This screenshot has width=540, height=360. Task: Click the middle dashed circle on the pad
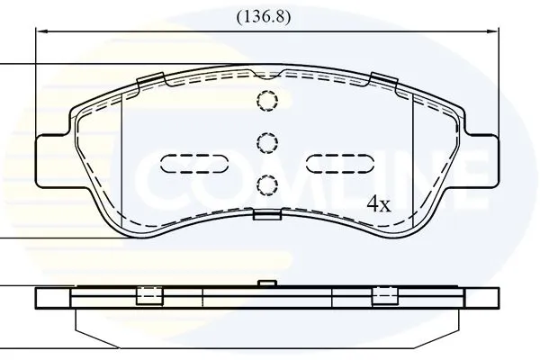(x=267, y=141)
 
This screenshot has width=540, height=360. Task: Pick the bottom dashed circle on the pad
(x=267, y=184)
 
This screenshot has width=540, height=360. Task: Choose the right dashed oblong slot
(x=339, y=163)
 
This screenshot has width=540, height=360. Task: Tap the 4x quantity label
(x=379, y=204)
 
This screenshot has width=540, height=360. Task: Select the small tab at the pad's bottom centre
(x=267, y=215)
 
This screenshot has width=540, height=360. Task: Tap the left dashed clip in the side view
(x=148, y=295)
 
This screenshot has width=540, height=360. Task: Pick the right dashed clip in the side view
(x=387, y=295)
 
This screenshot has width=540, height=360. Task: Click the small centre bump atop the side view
(x=266, y=283)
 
